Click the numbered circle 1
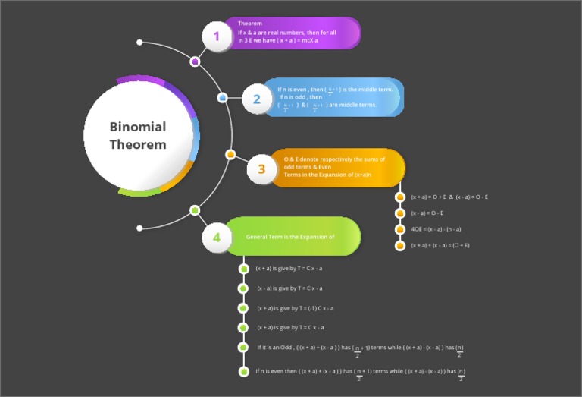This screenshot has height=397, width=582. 217,36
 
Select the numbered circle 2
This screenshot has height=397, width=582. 256,99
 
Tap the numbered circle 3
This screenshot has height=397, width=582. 261,169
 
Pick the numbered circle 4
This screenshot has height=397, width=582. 217,238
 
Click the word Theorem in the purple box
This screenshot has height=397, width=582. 249,24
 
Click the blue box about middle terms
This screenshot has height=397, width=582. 333,97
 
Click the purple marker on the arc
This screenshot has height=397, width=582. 196,61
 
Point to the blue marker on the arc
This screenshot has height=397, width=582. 222,98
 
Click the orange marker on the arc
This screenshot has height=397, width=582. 230,154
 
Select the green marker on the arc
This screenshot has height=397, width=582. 195,210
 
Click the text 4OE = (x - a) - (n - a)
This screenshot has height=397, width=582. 436,228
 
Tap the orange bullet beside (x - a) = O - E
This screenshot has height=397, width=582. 400,213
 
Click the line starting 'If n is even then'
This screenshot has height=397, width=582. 359,372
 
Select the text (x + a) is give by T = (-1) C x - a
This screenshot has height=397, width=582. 295,308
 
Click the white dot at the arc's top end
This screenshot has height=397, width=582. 139,43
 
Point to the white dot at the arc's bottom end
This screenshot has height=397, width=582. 139,228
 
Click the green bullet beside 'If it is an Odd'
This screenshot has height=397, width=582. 243,348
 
